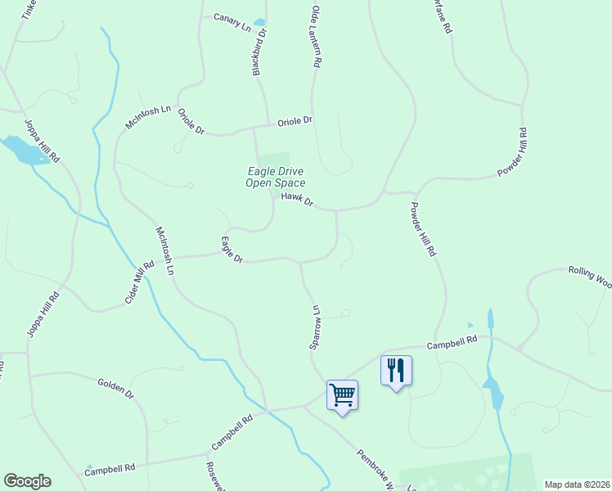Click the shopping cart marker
point(342,395)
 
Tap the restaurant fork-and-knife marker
point(396,370)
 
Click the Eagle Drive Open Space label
point(276,177)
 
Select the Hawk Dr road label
point(297,199)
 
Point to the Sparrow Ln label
point(313,328)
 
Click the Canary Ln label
point(232,21)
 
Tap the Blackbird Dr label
point(259,53)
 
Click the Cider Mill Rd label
point(139,283)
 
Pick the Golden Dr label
point(115,387)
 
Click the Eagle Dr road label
point(232,250)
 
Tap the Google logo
point(27,481)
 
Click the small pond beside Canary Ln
point(259,22)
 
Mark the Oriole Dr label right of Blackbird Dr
point(295,120)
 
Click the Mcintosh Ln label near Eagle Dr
point(164,250)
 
